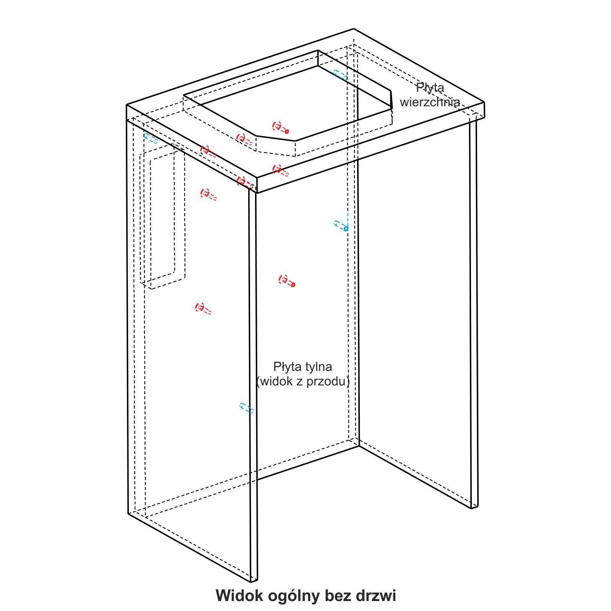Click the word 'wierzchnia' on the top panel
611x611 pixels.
coord(430,102)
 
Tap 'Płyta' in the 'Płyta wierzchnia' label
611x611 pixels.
coord(430,88)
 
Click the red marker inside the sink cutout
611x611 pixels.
coord(280,128)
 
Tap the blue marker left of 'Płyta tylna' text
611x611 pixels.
coord(247,408)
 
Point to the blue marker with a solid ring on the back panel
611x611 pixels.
coord(341,226)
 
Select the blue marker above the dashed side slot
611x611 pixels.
coord(151,138)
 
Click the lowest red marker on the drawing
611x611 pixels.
coord(203,309)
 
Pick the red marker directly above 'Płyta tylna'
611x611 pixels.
coord(287,281)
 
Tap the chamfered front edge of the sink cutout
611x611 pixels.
coord(275,138)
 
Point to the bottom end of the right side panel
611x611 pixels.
coord(474,507)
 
